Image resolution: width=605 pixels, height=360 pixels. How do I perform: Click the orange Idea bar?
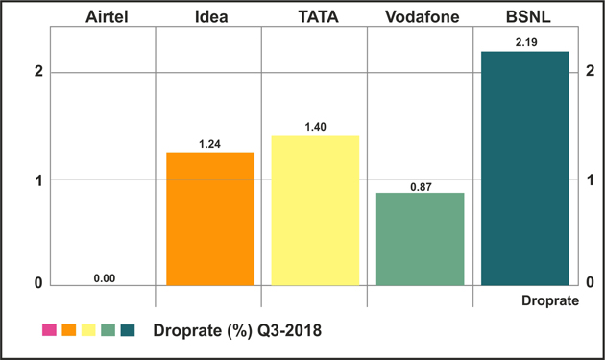(210, 219)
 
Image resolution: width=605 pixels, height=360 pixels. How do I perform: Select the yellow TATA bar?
(315, 210)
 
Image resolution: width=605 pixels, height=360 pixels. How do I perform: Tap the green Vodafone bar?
(421, 239)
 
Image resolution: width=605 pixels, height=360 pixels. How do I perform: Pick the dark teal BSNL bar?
(525, 169)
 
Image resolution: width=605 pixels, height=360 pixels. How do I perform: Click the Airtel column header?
(107, 17)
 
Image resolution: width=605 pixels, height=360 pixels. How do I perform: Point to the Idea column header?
(211, 17)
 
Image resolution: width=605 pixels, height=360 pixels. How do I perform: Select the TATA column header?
(318, 17)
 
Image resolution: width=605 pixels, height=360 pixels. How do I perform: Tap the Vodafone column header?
(423, 17)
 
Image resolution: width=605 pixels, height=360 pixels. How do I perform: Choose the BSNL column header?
(528, 17)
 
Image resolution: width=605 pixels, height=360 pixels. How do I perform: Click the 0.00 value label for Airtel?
(105, 278)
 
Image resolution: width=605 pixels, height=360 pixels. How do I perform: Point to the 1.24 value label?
(209, 144)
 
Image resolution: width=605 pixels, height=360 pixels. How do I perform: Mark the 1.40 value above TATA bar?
(315, 127)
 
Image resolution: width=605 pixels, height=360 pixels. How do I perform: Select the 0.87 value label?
(421, 187)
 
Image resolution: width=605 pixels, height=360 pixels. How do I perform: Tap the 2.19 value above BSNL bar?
(526, 42)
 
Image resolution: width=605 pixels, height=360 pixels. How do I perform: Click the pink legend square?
(49, 330)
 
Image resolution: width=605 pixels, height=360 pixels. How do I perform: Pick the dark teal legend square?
(128, 330)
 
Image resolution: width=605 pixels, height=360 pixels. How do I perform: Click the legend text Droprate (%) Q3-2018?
(237, 330)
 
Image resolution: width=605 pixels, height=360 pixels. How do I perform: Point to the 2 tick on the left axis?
(38, 71)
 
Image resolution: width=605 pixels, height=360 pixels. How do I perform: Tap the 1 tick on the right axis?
(590, 180)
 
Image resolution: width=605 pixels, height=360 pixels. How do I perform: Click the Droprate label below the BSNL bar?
(550, 300)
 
